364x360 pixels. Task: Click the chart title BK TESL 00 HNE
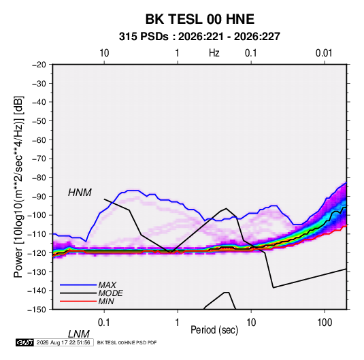tap(200, 19)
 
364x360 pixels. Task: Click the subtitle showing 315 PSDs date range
tap(199, 37)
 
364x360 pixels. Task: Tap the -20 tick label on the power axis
tap(39, 65)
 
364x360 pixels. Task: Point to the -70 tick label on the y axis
tap(39, 159)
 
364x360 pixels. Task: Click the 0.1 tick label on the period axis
tap(104, 323)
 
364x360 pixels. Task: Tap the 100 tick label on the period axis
tap(325, 323)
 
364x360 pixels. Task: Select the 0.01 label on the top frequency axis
tap(324, 53)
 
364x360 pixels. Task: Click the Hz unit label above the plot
tap(214, 53)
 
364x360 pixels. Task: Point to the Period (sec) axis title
tap(214, 330)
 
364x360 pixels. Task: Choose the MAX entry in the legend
tap(107, 285)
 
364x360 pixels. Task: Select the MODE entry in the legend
tap(110, 293)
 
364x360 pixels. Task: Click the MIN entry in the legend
tap(106, 301)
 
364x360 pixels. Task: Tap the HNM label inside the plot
tap(80, 193)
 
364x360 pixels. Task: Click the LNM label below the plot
tap(78, 334)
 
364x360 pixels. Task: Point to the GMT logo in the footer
tap(25, 342)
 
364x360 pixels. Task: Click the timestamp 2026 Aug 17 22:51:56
tap(63, 342)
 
